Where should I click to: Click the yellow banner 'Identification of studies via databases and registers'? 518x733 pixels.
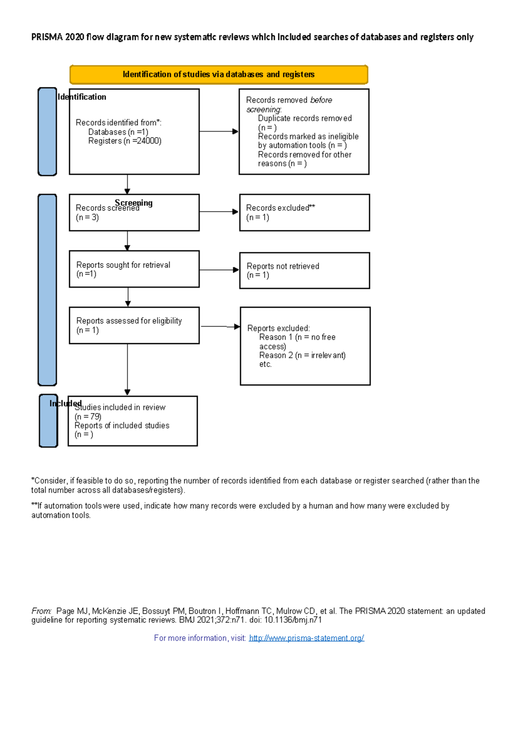pos(218,74)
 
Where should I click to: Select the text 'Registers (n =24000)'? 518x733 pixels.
pos(125,141)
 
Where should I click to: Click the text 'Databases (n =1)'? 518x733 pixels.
pos(118,132)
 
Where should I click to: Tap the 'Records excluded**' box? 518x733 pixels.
pos(304,212)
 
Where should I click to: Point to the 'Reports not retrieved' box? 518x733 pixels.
pos(304,271)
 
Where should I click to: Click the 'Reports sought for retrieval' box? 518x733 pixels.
pos(134,269)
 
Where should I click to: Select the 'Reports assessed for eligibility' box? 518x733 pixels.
pos(134,325)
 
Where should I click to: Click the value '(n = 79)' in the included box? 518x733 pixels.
pos(88,417)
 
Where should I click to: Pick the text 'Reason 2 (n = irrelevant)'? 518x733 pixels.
pos(302,355)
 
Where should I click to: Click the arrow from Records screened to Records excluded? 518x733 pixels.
pos(219,212)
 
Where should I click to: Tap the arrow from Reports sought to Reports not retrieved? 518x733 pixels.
pos(219,270)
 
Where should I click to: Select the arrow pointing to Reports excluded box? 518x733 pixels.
pos(220,327)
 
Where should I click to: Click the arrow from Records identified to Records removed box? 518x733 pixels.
pos(218,131)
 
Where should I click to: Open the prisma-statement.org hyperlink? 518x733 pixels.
pos(306,638)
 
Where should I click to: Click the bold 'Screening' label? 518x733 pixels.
pos(134,202)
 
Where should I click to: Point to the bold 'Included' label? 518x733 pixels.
pos(65,403)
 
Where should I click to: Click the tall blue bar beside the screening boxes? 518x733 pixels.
pos(47,290)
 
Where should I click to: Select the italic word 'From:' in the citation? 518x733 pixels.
pos(41,611)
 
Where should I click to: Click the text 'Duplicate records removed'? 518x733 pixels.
pos(305,118)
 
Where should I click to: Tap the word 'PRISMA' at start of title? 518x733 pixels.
pos(47,37)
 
